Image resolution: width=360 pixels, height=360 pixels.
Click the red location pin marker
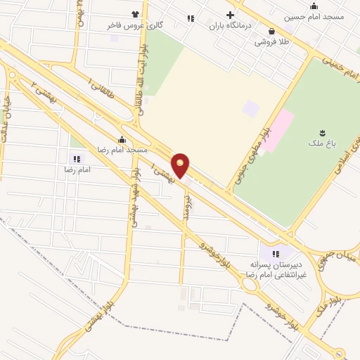click(x=181, y=165)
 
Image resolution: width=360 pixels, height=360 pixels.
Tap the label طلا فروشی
click(x=271, y=41)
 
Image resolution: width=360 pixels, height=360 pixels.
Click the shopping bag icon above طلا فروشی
click(x=271, y=30)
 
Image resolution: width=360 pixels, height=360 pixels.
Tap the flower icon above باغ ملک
click(x=323, y=132)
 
